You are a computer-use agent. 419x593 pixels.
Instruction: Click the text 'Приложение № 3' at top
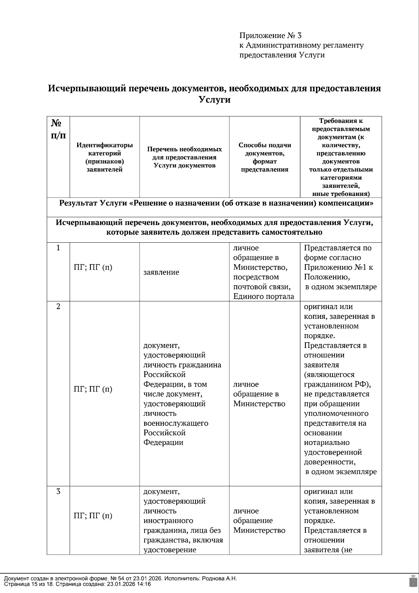tap(270, 36)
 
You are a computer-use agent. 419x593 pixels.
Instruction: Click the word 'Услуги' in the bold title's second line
tap(214, 100)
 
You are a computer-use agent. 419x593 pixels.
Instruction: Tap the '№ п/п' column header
tap(58, 129)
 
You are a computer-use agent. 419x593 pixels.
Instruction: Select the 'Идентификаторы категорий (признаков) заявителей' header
tap(104, 157)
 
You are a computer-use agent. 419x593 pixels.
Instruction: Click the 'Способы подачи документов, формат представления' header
tap(265, 157)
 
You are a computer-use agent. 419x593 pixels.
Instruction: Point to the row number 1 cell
tap(58, 248)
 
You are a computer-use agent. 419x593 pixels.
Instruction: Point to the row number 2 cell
tap(58, 307)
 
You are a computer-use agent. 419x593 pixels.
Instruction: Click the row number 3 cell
tap(58, 491)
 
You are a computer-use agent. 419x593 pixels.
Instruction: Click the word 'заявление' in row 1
tap(161, 272)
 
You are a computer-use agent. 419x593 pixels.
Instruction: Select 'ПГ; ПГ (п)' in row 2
tap(93, 389)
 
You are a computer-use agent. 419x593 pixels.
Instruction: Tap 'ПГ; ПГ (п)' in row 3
tap(93, 516)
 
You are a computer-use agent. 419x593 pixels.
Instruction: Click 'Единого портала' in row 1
tap(264, 296)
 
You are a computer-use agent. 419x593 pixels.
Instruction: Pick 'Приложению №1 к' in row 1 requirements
tap(338, 268)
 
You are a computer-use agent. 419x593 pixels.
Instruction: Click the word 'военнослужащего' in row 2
tap(176, 423)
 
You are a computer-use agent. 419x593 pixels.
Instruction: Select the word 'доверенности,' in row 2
tap(330, 462)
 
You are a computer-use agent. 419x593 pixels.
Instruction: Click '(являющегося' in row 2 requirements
tap(329, 375)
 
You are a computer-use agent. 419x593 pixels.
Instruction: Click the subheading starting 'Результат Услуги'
tap(216, 204)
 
